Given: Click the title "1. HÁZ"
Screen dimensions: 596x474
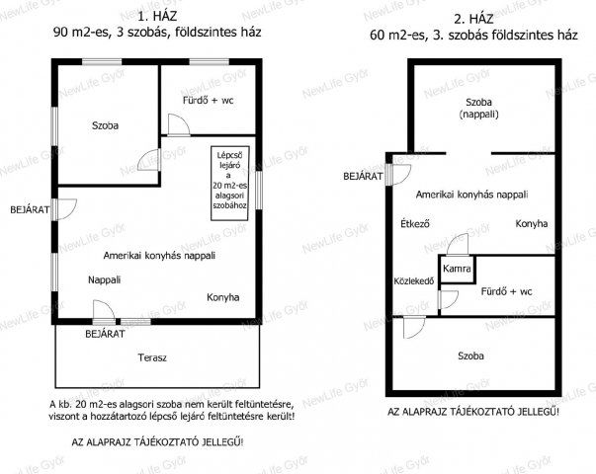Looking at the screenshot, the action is pyautogui.click(x=157, y=17).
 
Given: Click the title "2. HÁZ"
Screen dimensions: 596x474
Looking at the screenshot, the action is pyautogui.click(x=473, y=19).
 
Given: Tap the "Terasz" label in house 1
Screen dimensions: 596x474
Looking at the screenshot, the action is pyautogui.click(x=152, y=357).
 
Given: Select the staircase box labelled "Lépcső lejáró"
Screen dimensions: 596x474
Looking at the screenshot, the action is pyautogui.click(x=230, y=183).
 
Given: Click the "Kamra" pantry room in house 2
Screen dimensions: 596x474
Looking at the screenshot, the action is pyautogui.click(x=457, y=270).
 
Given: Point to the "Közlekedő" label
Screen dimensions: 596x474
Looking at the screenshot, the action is pyautogui.click(x=413, y=281).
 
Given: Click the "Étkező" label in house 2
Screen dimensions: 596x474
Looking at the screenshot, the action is pyautogui.click(x=415, y=223).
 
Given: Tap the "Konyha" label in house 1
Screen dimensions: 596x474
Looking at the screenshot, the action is pyautogui.click(x=223, y=297).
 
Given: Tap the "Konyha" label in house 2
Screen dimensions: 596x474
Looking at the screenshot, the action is pyautogui.click(x=532, y=223).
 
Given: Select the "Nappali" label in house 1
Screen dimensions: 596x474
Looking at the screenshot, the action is pyautogui.click(x=104, y=279).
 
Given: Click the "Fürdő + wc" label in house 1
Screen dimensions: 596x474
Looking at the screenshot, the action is pyautogui.click(x=208, y=101).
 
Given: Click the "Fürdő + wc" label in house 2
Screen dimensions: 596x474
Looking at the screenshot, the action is pyautogui.click(x=506, y=291).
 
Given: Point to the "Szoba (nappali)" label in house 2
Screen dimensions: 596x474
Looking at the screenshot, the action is pyautogui.click(x=479, y=108).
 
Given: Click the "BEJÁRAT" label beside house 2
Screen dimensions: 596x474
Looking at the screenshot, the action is pyautogui.click(x=363, y=176).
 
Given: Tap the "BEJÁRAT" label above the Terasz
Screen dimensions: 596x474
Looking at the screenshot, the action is pyautogui.click(x=105, y=334).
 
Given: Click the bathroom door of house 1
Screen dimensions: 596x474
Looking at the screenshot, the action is pyautogui.click(x=179, y=124).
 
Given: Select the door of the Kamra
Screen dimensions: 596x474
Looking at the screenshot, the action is pyautogui.click(x=458, y=244).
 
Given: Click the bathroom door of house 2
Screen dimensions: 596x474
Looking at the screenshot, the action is pyautogui.click(x=448, y=299).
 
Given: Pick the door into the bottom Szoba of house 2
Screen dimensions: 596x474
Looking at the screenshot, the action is pyautogui.click(x=414, y=327).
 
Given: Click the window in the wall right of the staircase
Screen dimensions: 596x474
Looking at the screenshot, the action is pyautogui.click(x=259, y=191).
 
